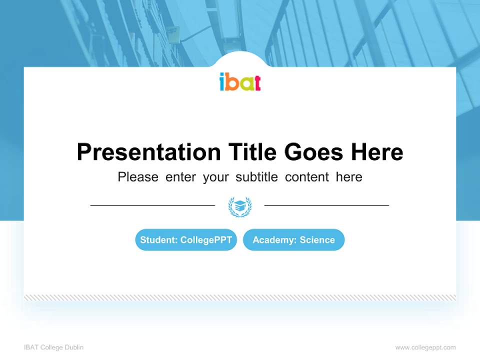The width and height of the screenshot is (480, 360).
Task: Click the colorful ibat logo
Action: pyautogui.click(x=240, y=82)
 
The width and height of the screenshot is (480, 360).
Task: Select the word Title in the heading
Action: pyautogui.click(x=252, y=152)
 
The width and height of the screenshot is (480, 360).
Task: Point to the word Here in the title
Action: pyautogui.click(x=376, y=152)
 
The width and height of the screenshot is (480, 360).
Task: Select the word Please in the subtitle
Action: pyautogui.click(x=138, y=177)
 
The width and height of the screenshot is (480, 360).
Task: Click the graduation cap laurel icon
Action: pyautogui.click(x=240, y=206)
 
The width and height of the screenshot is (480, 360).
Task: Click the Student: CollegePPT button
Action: pyautogui.click(x=186, y=240)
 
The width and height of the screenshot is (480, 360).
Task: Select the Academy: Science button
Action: pyautogui.click(x=293, y=240)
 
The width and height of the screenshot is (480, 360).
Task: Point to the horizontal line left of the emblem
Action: pyautogui.click(x=152, y=205)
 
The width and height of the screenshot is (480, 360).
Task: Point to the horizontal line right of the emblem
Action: pyautogui.click(x=326, y=205)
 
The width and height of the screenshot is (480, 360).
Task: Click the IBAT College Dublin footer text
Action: pyautogui.click(x=54, y=347)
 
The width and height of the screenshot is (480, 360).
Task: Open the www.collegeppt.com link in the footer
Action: pyautogui.click(x=425, y=347)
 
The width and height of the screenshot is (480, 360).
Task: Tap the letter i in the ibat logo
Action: pyautogui.click(x=222, y=82)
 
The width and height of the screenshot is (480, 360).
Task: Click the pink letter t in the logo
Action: pyautogui.click(x=256, y=82)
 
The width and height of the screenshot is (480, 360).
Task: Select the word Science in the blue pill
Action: pyautogui.click(x=317, y=240)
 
